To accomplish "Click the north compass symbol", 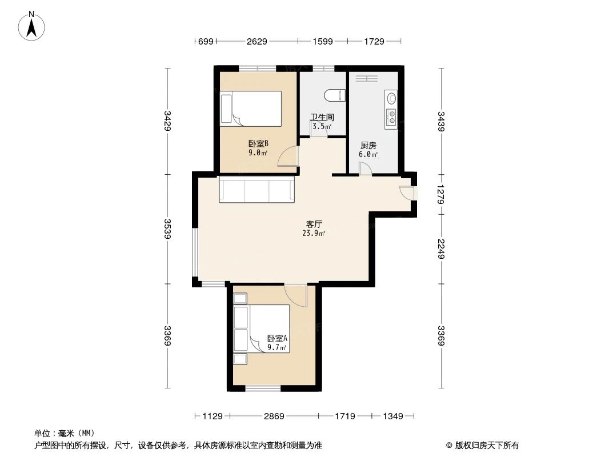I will pyautogui.click(x=33, y=25).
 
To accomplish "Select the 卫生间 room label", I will pyautogui.click(x=322, y=118).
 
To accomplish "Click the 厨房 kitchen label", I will pyautogui.click(x=368, y=146).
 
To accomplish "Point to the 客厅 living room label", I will pyautogui.click(x=314, y=224).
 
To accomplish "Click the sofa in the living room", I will pyautogui.click(x=257, y=190).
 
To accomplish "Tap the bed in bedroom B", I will pyautogui.click(x=252, y=109).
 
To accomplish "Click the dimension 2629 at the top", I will pyautogui.click(x=257, y=41).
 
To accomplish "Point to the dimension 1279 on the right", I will pyautogui.click(x=442, y=194).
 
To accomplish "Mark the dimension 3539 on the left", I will pyautogui.click(x=167, y=229).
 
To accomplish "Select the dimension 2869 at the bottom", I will pyautogui.click(x=274, y=416).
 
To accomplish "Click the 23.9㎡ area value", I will pyautogui.click(x=314, y=233).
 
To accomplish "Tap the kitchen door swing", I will pyautogui.click(x=365, y=168).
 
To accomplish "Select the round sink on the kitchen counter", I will pyautogui.click(x=391, y=99).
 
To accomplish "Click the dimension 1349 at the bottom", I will pyautogui.click(x=392, y=416).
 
